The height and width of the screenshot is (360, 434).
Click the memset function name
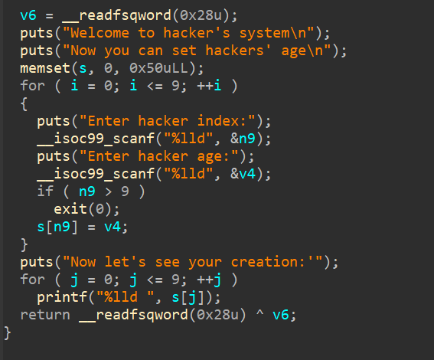45,68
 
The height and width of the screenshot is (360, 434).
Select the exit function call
86,209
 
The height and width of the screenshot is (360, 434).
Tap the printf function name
62,297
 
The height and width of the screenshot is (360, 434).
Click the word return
45,315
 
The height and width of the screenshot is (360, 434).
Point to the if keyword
45,191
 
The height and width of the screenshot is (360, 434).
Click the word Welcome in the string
100,33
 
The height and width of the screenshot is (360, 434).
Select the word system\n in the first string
272,33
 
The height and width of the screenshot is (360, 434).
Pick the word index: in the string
222,121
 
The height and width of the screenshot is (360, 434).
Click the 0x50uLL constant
158,68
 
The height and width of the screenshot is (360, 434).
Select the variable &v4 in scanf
243,174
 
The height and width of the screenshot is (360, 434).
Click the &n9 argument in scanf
243,139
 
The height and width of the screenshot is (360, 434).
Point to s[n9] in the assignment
57,227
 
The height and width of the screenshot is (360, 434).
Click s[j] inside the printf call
188,297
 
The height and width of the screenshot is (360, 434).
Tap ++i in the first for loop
209,86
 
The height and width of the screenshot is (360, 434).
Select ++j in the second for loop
209,280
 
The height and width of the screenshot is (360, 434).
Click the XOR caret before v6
259,313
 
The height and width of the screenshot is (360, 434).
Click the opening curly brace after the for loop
24,103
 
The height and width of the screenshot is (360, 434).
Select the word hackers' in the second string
239,51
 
